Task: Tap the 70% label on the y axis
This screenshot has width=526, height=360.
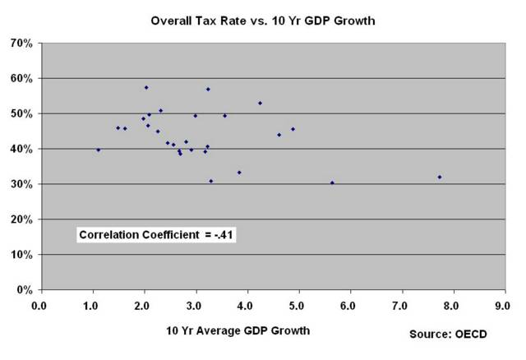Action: (x=21, y=43)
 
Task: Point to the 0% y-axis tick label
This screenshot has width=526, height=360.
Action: (x=25, y=290)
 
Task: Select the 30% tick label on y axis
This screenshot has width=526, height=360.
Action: (x=21, y=184)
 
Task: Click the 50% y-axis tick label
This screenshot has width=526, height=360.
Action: (x=21, y=113)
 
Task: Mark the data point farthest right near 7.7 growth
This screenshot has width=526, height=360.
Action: (x=440, y=177)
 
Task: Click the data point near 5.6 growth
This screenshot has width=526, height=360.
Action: (x=332, y=182)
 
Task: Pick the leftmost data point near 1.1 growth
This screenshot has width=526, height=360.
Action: (x=99, y=150)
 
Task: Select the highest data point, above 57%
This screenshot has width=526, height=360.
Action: (x=146, y=87)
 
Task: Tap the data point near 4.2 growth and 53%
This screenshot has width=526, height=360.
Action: (x=260, y=103)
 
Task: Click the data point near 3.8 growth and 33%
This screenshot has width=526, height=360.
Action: (x=239, y=173)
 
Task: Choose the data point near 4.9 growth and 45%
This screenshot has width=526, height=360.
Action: (x=293, y=129)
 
